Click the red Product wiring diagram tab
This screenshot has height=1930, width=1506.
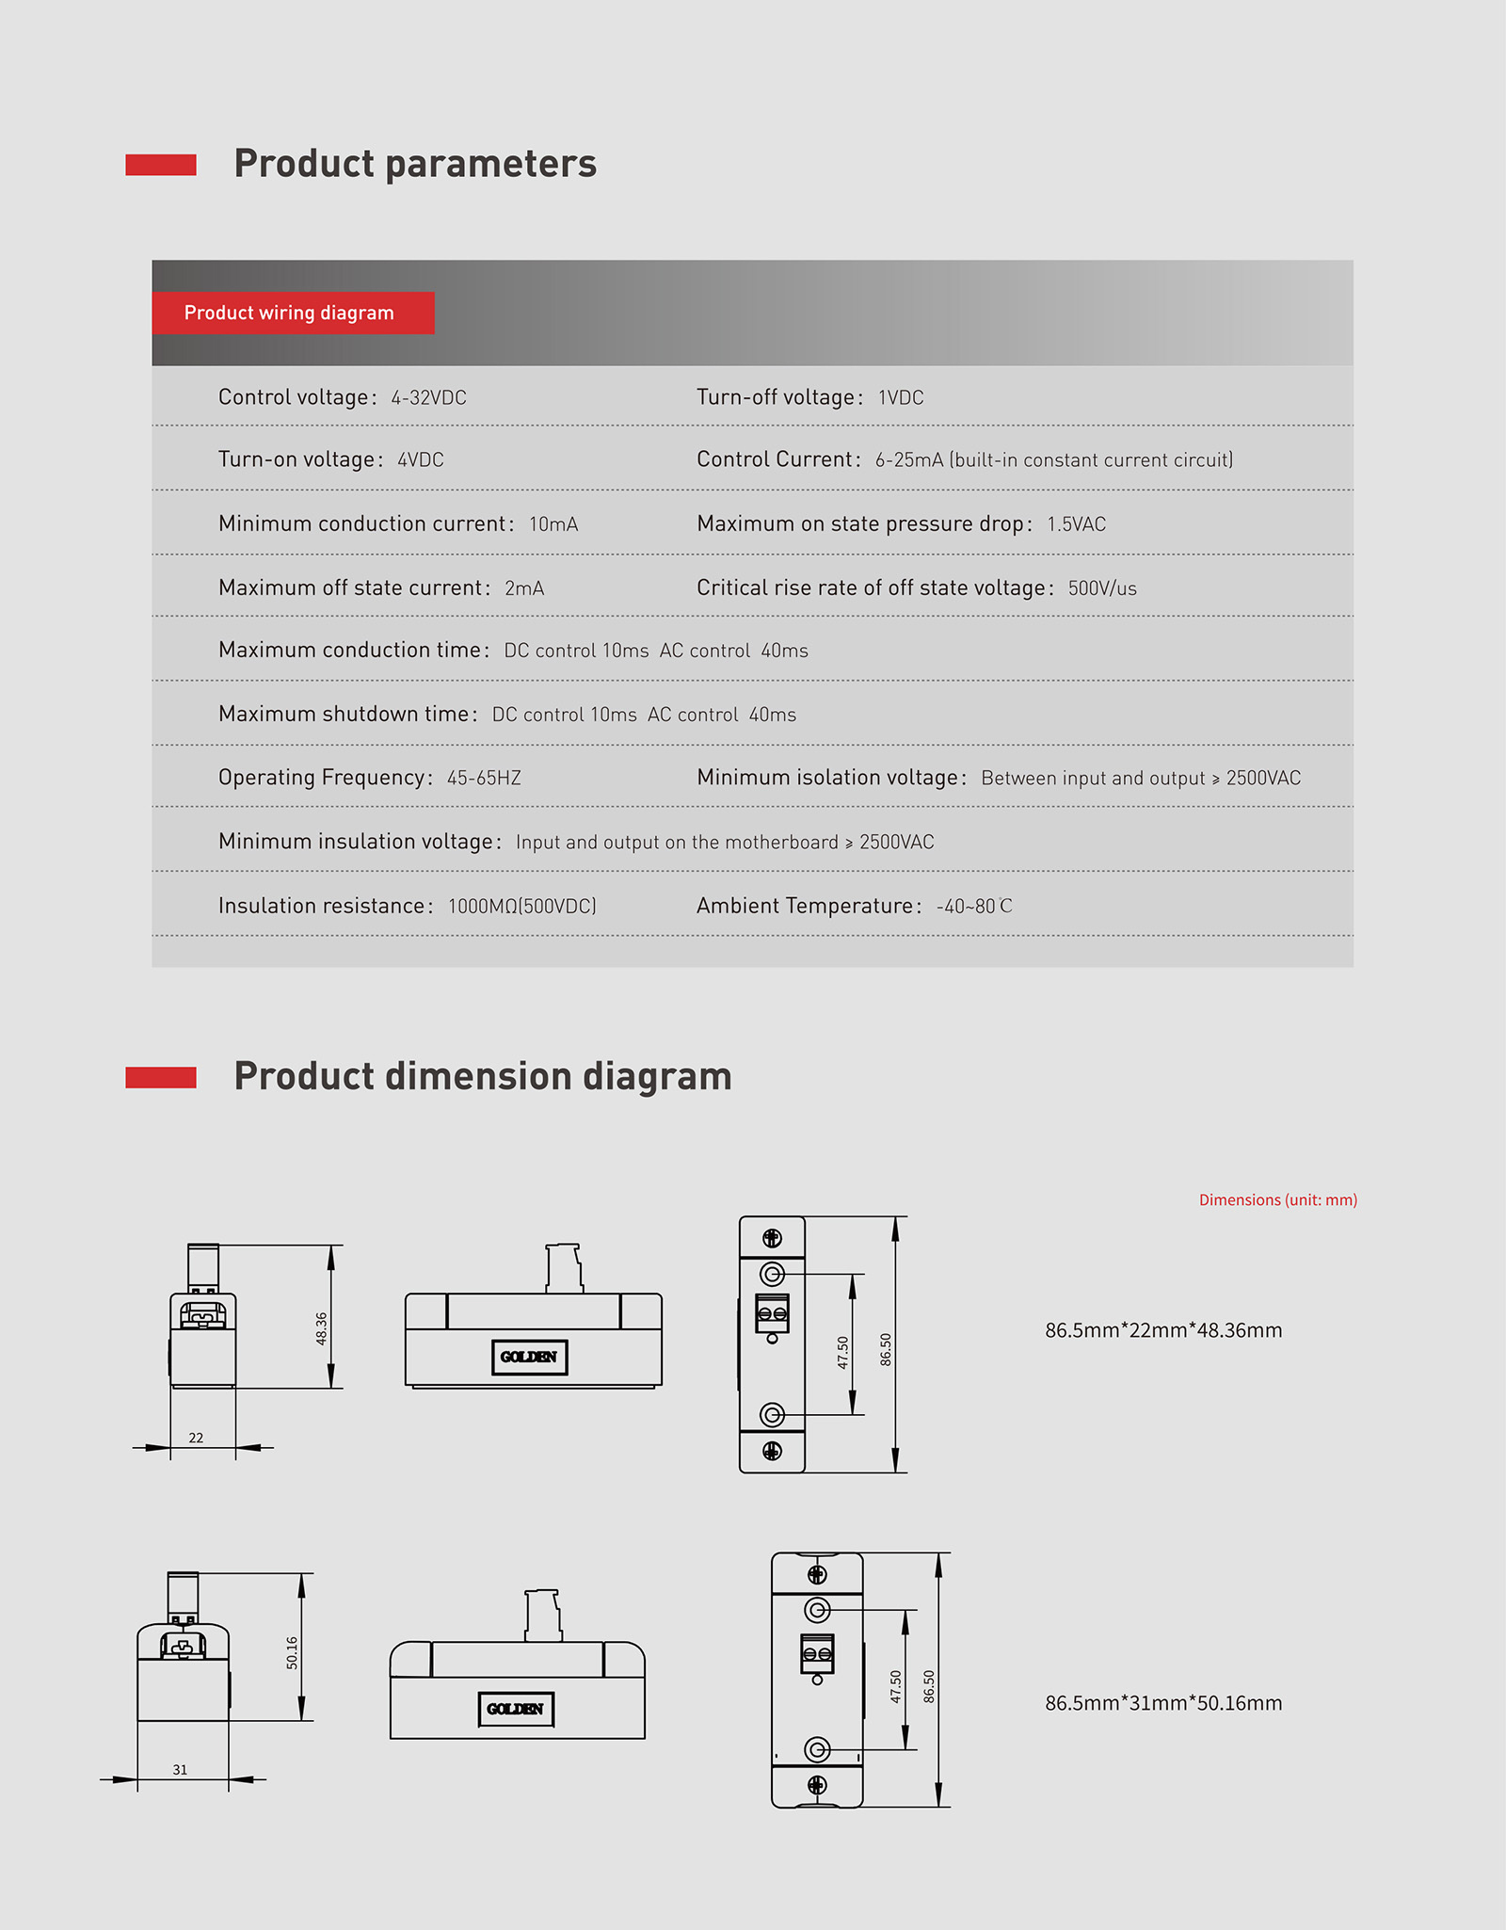(x=292, y=313)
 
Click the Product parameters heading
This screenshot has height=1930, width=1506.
(x=414, y=164)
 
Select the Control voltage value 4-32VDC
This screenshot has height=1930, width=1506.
(x=428, y=398)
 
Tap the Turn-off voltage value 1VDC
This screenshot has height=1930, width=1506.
(x=901, y=398)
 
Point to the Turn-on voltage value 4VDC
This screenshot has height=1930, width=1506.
(x=420, y=460)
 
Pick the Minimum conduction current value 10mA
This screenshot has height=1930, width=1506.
(x=553, y=524)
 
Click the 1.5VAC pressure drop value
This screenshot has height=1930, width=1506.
(x=1076, y=524)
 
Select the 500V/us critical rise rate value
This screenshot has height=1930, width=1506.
(x=1102, y=588)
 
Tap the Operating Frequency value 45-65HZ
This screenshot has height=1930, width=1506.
(x=484, y=779)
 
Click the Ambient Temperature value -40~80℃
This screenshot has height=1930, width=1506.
(x=974, y=907)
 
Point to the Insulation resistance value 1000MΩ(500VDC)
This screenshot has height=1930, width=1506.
(x=521, y=907)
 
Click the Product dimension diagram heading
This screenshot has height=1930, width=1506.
(x=482, y=1076)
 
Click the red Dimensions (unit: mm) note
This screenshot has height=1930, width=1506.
(x=1277, y=1199)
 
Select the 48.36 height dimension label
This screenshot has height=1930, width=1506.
(x=321, y=1328)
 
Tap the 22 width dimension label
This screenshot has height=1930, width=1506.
(x=196, y=1438)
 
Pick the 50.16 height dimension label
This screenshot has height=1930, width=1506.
(x=292, y=1653)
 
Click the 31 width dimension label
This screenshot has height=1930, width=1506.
(x=180, y=1770)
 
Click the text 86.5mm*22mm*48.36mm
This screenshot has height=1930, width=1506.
(x=1163, y=1330)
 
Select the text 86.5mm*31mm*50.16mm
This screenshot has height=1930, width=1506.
(x=1163, y=1703)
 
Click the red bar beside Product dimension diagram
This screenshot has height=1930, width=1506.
(x=161, y=1077)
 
